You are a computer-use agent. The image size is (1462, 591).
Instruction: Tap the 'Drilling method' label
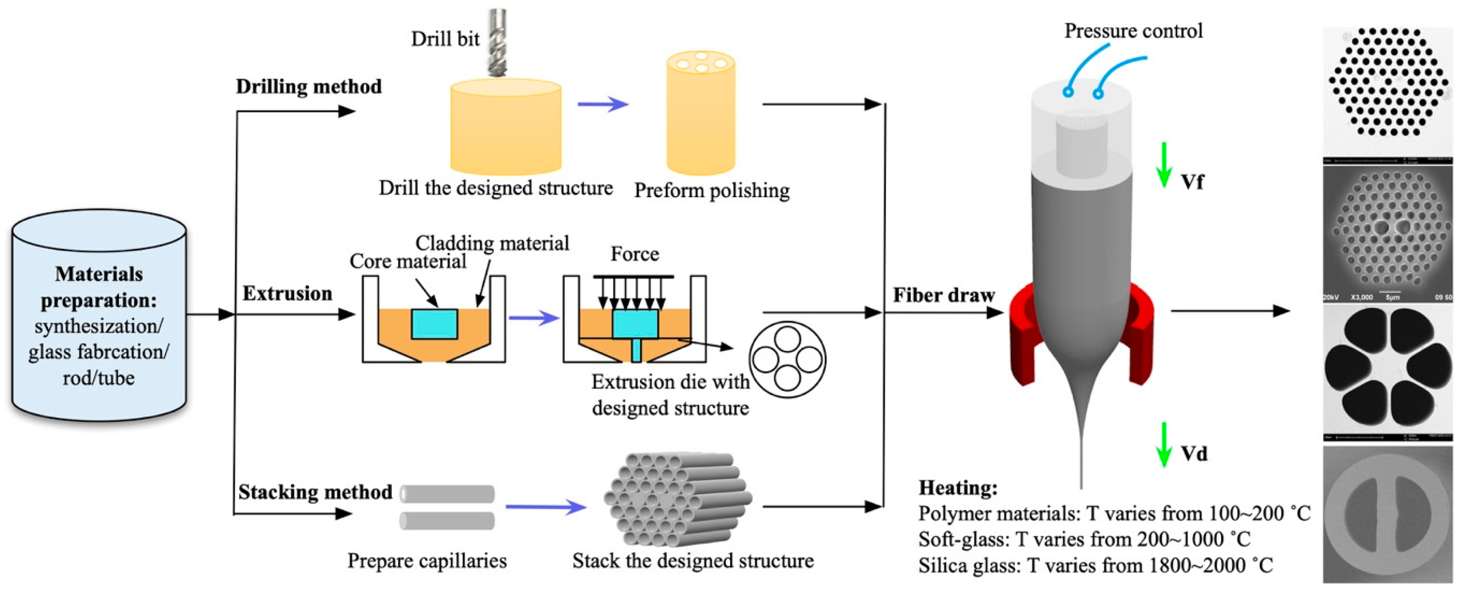308,87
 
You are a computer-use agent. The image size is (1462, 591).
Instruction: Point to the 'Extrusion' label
287,293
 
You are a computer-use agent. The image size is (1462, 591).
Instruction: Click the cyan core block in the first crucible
434,324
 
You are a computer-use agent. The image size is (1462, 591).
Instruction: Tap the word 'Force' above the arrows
634,254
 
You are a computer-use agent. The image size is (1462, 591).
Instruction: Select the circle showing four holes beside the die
787,359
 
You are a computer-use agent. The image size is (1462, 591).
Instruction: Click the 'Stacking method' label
315,492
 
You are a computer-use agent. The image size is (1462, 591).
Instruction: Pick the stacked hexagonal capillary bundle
678,500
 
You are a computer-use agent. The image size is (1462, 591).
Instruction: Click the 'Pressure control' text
1133,31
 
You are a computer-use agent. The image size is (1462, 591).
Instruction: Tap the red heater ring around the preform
1026,341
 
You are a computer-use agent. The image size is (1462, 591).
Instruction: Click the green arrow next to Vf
1163,165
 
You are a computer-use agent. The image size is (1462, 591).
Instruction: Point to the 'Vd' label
1194,454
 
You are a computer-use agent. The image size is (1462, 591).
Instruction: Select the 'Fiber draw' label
943,295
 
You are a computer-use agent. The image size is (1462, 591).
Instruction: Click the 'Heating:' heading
958,488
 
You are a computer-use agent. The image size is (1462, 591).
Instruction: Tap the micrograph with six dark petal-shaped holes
1387,372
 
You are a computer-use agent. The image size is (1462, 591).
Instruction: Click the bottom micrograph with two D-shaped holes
1387,514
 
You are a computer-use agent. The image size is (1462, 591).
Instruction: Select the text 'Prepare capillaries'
427,561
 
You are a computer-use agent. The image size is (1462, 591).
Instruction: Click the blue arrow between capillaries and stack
545,506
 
